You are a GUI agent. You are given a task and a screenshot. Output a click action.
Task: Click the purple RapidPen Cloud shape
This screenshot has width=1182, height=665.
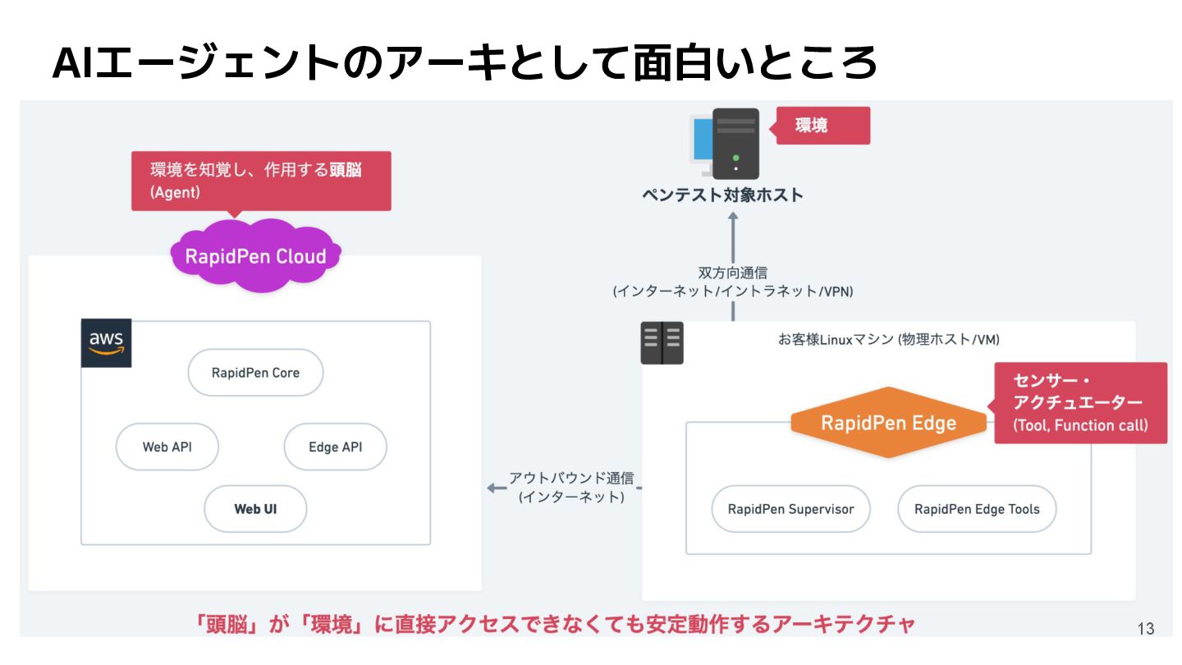[x=255, y=255]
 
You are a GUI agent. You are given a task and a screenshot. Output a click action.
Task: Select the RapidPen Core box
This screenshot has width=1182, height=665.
[x=255, y=373]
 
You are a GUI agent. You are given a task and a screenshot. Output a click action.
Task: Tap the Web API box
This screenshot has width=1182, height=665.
[x=167, y=447]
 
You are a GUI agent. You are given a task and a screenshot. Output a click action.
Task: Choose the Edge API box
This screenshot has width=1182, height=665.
[x=335, y=447]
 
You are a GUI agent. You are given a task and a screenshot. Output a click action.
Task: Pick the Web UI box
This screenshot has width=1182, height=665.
[x=255, y=509]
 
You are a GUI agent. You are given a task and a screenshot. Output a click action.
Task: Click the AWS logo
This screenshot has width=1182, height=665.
[x=107, y=342]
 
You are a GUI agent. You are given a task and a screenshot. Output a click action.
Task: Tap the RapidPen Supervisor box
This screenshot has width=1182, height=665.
[x=790, y=509]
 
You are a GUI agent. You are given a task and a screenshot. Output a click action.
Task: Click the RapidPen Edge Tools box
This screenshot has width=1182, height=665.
[x=977, y=509]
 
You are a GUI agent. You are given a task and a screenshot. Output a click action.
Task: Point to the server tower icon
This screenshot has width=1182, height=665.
[x=735, y=144]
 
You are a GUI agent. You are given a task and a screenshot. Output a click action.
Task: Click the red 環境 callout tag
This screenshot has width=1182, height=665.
[x=822, y=126]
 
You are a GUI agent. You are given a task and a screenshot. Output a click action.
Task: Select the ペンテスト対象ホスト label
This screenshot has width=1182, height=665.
[x=722, y=195]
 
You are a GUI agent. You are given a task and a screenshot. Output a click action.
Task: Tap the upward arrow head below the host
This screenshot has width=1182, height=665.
[x=733, y=218]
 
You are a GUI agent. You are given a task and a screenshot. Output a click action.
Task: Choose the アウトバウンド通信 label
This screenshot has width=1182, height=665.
[x=571, y=478]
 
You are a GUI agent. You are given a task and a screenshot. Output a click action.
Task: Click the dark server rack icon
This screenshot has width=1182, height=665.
[x=662, y=342]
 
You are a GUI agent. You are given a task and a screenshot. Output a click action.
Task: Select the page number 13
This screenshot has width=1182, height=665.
[x=1146, y=629]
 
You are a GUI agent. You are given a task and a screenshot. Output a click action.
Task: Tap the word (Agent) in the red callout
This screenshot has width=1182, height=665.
[x=175, y=192]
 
